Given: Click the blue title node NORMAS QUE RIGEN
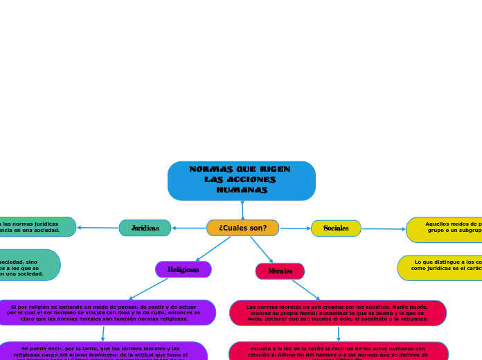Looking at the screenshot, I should tap(241, 181).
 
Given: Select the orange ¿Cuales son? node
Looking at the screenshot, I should tap(242, 228).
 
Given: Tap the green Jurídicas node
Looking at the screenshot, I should tap(145, 228).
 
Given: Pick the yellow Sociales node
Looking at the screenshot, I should tap(336, 228).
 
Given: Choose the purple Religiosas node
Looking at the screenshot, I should tap(183, 269).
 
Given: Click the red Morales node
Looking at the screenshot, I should tap(280, 271).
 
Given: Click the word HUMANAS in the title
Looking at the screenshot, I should tap(241, 190).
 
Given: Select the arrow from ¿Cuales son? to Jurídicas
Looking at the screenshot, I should tap(188, 228).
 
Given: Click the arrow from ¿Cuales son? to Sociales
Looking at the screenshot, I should tap(295, 228).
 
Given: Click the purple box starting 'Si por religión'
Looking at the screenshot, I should tap(104, 313).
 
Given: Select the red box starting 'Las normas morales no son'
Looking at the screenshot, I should tap(338, 313).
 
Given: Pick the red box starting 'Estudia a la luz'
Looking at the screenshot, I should tap(338, 351).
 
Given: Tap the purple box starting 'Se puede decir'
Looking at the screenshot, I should tap(101, 351).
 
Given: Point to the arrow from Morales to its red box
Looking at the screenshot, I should tap(305, 289).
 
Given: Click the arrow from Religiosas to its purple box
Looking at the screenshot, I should tap(148, 289).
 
